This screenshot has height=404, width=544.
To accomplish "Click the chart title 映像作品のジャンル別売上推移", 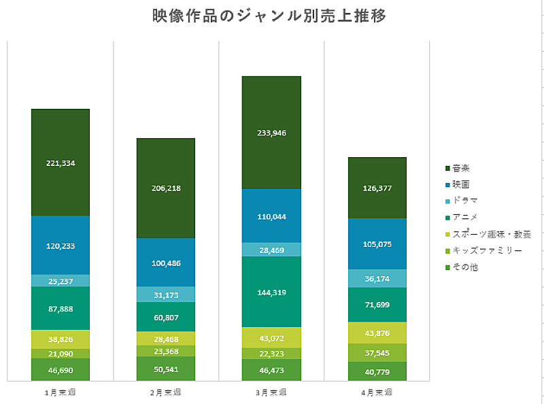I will (x=270, y=16).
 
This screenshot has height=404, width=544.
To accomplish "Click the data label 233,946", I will (x=271, y=133).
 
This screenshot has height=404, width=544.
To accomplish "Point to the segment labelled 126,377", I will (x=377, y=188).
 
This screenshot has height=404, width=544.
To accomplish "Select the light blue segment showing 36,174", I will (x=377, y=278).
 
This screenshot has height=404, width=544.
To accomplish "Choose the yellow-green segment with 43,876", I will (x=377, y=333).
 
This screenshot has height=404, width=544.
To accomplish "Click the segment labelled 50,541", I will (x=166, y=368).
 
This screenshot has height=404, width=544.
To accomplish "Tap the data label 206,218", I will (x=166, y=188).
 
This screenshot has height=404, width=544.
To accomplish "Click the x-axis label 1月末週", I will (x=61, y=392).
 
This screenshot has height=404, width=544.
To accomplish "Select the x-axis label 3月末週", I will (x=271, y=392).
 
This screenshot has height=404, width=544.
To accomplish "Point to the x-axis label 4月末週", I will (x=377, y=392).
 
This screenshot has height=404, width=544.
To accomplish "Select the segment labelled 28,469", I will (x=271, y=250).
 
